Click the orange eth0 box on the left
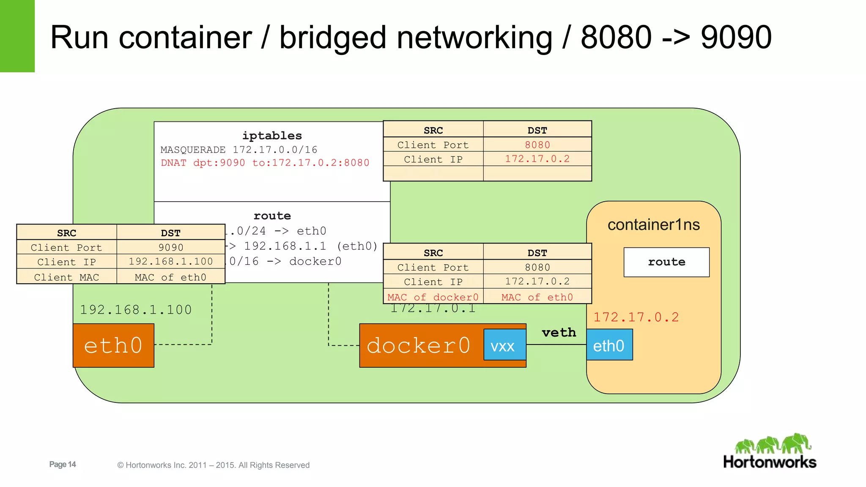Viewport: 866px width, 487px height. coord(113,345)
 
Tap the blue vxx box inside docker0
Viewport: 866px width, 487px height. coord(504,345)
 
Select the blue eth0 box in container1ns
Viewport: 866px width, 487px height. coord(609,345)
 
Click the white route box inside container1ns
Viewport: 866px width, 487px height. coord(666,262)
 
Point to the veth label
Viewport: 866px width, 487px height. coord(559,332)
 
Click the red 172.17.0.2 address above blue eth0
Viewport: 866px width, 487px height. coord(636,317)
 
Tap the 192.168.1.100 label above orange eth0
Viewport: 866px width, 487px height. coord(136,310)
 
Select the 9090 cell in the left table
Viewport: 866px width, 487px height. coord(171,247)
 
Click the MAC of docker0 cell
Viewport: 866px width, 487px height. coord(433,297)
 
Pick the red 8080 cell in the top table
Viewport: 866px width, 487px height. coord(537,145)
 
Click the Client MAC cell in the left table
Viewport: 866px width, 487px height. coord(66,277)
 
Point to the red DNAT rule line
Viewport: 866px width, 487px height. coord(265,163)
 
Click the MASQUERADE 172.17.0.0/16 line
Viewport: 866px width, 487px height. coord(239,150)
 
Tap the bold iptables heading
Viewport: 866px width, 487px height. coord(272,136)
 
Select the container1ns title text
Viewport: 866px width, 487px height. coord(654,225)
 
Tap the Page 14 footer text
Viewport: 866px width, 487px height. coord(63,464)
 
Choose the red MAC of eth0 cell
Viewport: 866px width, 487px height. coord(537,297)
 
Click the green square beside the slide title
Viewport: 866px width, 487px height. coord(17,36)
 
